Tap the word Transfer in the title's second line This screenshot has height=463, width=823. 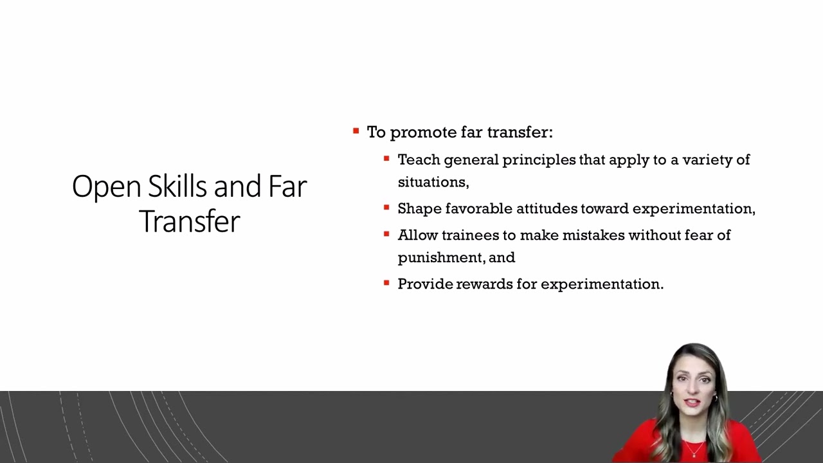190,221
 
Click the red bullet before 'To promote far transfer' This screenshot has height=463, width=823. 356,131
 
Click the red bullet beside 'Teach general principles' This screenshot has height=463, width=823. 386,158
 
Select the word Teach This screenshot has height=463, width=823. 419,159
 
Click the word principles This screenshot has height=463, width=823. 539,160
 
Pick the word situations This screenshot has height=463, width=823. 431,182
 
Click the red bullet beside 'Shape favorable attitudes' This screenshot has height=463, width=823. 386,208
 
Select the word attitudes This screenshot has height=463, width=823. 547,208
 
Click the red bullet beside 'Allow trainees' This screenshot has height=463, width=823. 386,234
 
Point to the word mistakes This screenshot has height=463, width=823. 593,235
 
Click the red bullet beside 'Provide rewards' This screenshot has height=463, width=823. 386,283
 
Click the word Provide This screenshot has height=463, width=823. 425,284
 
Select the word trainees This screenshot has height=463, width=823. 470,235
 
